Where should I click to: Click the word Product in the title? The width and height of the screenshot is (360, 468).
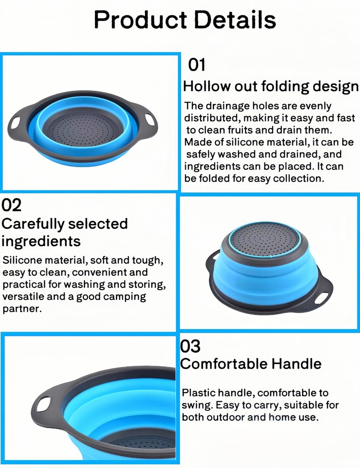point(140,20)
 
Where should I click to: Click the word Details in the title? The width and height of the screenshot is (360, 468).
point(235,19)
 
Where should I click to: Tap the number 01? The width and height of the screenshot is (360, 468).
point(197,65)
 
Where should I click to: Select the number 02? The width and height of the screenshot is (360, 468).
point(11,205)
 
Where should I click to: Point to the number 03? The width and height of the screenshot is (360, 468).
point(190,346)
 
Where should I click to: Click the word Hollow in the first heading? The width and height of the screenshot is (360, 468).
point(207,86)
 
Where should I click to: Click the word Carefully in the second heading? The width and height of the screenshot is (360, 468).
point(33,224)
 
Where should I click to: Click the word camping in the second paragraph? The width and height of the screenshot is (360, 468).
point(125,297)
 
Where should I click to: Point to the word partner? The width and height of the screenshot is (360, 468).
point(22,309)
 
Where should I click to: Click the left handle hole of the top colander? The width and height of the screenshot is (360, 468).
point(15,123)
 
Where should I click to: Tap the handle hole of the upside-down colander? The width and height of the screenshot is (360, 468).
point(322,298)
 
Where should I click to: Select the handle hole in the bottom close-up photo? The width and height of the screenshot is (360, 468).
point(43,404)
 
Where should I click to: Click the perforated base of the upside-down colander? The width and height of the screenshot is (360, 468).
point(265,239)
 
